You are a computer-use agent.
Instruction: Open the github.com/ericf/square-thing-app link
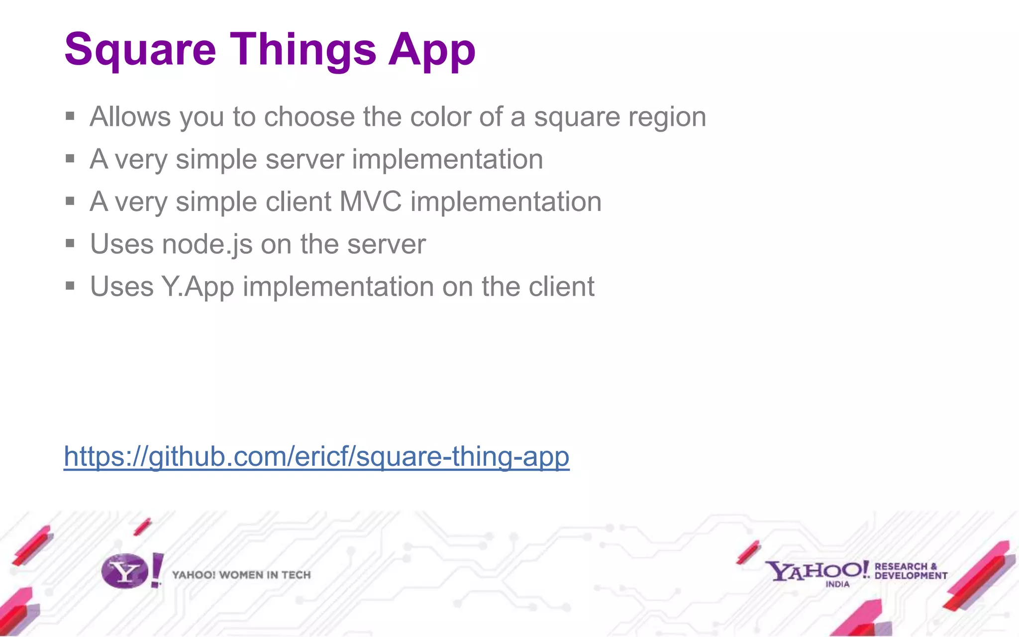316,456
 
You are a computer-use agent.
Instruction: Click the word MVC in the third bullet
370,202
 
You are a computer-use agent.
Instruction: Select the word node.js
207,244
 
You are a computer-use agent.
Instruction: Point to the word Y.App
198,287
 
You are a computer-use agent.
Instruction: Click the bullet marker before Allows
70,116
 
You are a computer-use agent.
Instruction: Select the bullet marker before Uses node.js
70,243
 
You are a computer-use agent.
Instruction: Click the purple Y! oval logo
125,571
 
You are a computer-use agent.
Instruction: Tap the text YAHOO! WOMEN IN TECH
241,575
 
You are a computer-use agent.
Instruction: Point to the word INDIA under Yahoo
837,584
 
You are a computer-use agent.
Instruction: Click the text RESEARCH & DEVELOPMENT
911,571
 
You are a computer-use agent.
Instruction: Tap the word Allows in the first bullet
130,117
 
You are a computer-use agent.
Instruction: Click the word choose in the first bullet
309,117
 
